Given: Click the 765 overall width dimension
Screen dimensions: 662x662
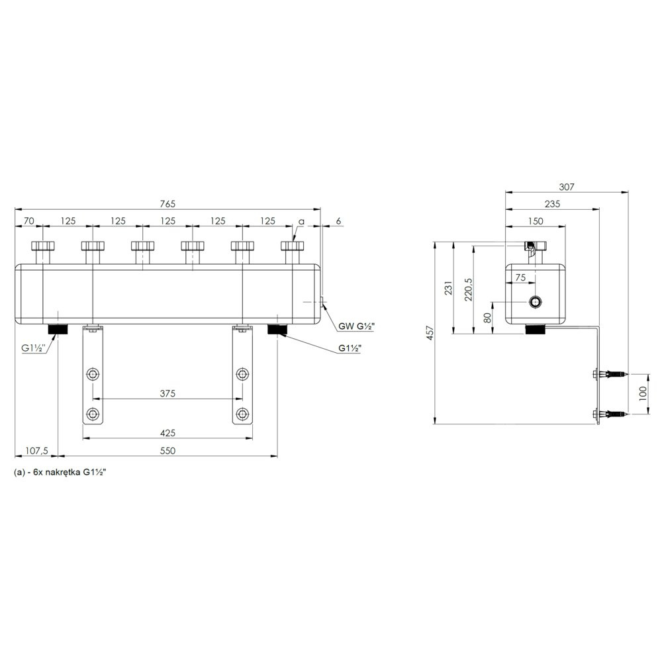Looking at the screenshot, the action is (167, 204).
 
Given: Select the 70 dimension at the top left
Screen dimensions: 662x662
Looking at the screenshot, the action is (28, 221).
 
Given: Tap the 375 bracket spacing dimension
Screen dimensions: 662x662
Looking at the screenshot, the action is (167, 393).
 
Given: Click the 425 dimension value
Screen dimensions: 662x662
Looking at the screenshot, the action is (167, 433).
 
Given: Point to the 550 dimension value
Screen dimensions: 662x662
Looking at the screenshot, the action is (167, 451).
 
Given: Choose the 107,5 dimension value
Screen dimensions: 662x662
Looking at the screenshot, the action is (36, 451).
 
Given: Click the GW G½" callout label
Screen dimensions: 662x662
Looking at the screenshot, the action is (356, 326).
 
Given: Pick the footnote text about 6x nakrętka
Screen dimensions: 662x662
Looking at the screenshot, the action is (60, 473).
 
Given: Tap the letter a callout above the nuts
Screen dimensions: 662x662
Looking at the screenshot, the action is (301, 222).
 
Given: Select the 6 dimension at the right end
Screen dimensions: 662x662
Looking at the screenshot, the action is (338, 221).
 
